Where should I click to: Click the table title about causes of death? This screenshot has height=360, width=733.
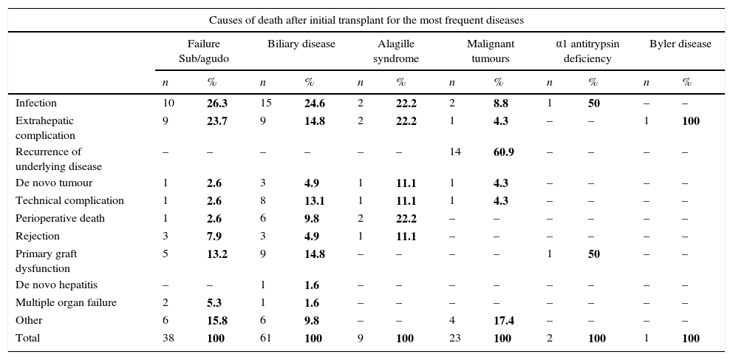coord(366,20)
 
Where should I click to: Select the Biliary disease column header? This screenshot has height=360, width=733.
coord(301,44)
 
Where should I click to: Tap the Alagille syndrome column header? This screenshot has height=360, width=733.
coord(395,51)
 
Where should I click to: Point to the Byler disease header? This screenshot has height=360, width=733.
coord(680,44)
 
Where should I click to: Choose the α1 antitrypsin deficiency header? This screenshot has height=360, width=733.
coord(587,51)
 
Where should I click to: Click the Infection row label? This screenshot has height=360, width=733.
coord(36,103)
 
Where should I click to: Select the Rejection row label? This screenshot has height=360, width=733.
coord(38,237)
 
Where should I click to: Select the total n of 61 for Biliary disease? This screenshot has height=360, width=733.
coord(266,339)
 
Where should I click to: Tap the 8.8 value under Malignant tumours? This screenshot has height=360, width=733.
coord(501,103)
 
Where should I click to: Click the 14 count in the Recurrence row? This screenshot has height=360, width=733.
coord(455,152)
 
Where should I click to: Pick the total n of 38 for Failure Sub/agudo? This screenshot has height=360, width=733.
coord(168,339)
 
